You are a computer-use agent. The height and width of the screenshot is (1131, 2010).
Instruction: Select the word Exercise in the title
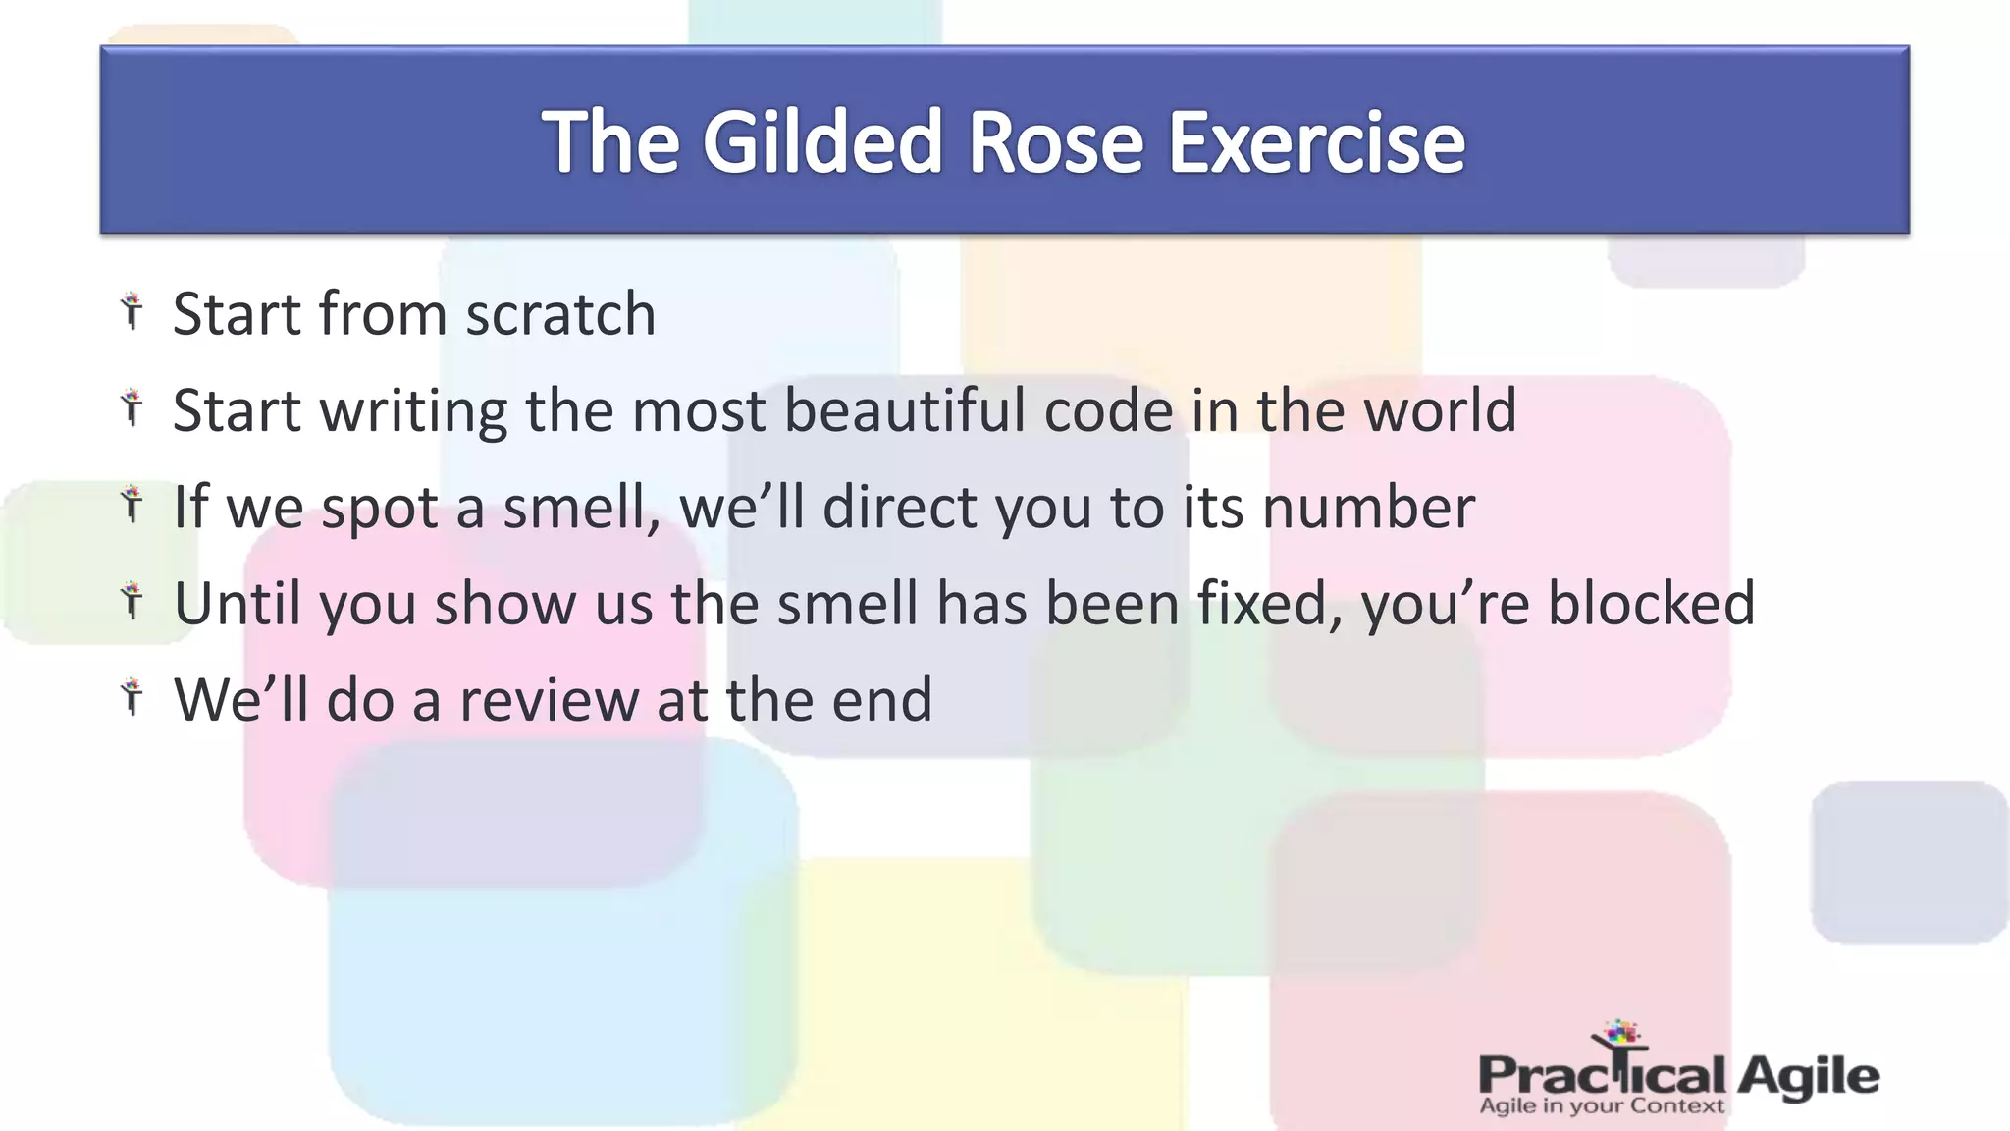1315,142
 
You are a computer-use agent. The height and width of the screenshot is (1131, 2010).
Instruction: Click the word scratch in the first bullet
560,314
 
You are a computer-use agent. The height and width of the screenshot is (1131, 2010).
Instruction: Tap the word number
1368,508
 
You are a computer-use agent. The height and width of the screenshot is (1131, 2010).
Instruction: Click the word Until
237,603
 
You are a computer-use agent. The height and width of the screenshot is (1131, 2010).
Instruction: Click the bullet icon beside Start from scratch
132,311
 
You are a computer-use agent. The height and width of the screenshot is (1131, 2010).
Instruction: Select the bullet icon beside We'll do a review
132,697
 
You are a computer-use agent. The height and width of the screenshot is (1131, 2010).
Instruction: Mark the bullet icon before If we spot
132,505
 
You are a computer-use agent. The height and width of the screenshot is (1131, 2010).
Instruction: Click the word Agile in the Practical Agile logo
1808,1076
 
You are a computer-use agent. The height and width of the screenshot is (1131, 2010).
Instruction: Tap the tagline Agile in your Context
1601,1106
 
